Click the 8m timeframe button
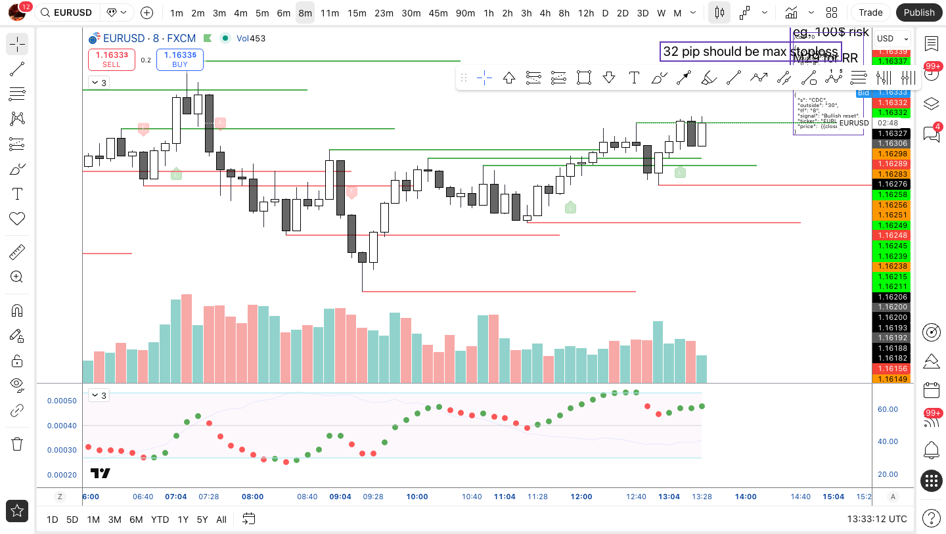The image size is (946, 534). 305,12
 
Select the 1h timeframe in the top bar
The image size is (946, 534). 488,12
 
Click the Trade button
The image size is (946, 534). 870,12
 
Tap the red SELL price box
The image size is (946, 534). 112,59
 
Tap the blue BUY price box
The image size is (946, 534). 180,59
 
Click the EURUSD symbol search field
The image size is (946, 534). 72,12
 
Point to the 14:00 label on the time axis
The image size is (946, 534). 746,497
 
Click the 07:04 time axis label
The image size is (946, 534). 176,497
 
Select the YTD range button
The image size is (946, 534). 160,520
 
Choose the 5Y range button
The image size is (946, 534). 202,520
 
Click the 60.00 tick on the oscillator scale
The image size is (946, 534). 888,409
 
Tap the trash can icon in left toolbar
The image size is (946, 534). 17,444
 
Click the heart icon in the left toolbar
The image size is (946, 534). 17,219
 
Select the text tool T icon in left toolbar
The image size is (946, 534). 17,194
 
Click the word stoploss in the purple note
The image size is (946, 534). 814,51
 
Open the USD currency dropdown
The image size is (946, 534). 891,38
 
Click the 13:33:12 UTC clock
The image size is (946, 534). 877,519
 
